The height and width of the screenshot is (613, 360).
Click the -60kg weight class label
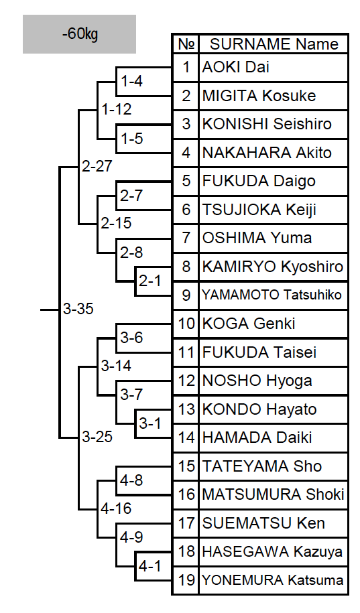click(80, 34)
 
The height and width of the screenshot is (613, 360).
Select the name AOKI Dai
click(235, 67)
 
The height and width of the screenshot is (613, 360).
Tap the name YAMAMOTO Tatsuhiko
click(272, 295)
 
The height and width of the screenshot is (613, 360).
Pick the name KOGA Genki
click(249, 324)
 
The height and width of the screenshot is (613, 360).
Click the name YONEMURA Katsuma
click(273, 580)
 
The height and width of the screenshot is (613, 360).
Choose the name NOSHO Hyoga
click(257, 381)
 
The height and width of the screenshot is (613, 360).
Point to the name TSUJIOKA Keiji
click(259, 210)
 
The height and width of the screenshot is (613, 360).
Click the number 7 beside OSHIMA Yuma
click(186, 238)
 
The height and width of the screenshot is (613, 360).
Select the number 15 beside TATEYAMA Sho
click(186, 466)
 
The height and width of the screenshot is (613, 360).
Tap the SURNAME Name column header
click(274, 44)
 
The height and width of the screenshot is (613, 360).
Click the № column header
click(186, 44)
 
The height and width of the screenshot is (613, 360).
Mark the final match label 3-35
click(78, 309)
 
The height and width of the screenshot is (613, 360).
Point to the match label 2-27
click(97, 166)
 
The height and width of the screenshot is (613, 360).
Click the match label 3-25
click(97, 437)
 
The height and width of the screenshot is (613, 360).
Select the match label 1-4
click(132, 81)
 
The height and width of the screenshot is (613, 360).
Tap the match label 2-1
click(150, 281)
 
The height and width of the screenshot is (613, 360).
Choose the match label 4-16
click(116, 508)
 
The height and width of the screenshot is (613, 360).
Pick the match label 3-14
click(116, 366)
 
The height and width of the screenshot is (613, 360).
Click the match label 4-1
click(150, 565)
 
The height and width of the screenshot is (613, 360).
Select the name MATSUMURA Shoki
click(273, 494)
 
